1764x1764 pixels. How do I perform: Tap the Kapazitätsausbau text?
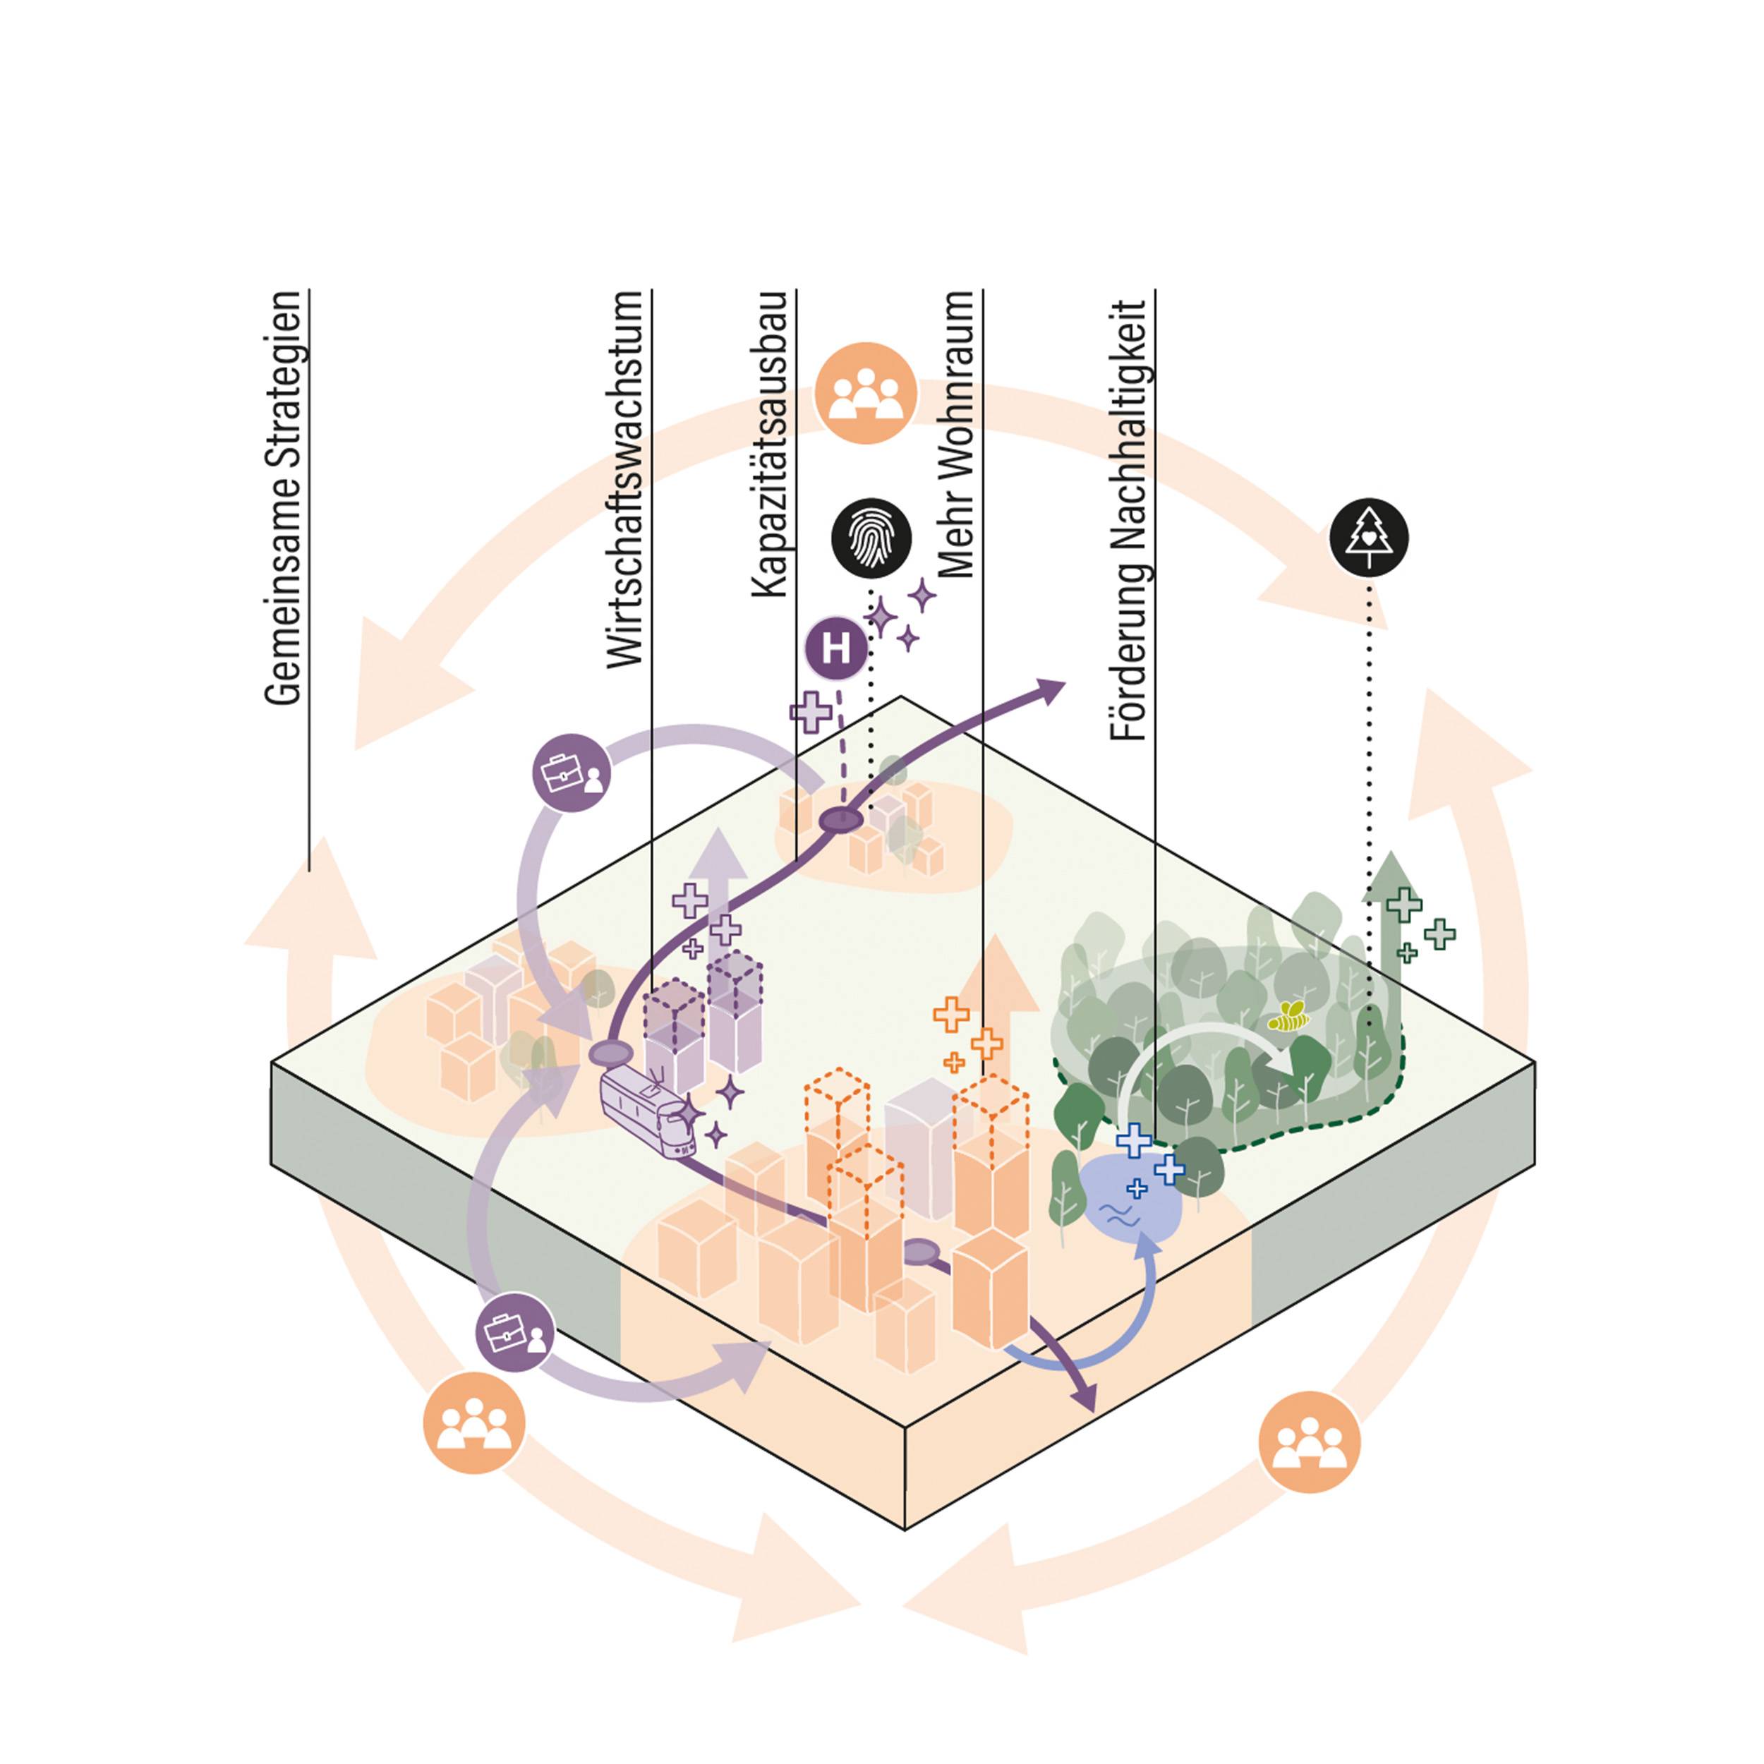[770, 445]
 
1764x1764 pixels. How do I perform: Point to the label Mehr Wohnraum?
[957, 435]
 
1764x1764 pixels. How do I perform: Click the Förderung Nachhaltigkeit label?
[1130, 521]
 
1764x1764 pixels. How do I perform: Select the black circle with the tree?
[1369, 538]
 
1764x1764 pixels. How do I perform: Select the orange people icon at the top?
[866, 394]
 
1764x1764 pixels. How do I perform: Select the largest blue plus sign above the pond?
[1135, 1140]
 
